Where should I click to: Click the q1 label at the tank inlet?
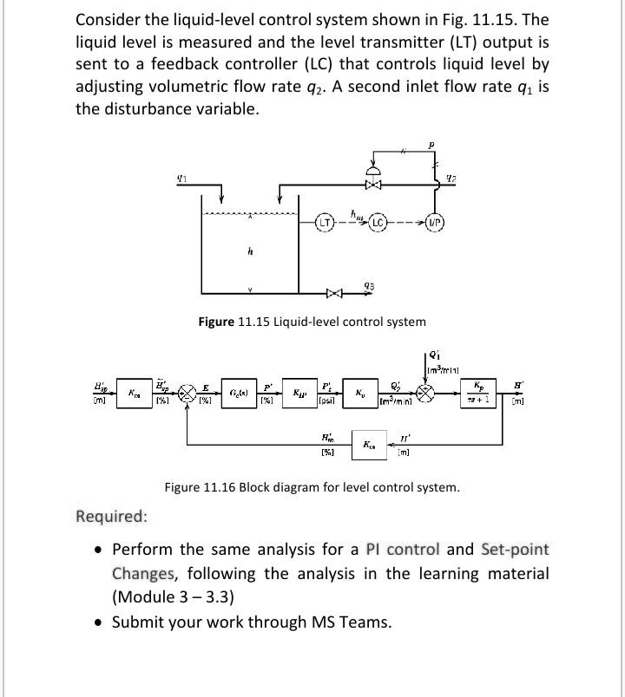point(181,179)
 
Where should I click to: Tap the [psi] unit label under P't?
point(327,403)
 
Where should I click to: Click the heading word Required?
point(111,517)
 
